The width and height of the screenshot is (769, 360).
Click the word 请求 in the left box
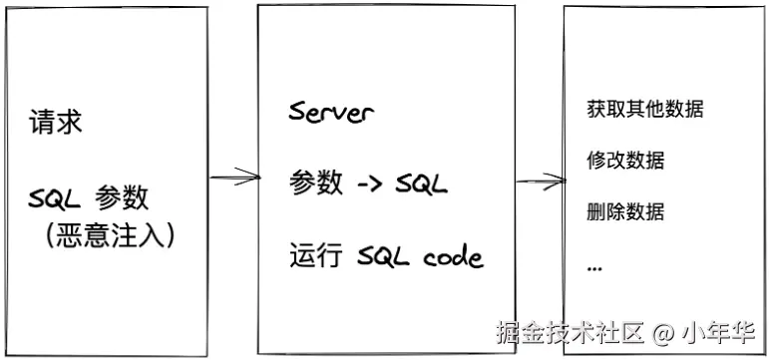tap(56, 121)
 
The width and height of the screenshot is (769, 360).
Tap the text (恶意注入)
tap(109, 237)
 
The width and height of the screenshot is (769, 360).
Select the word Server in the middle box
tap(331, 112)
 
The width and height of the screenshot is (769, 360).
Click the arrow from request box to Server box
tap(235, 177)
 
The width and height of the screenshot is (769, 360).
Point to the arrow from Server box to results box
tap(541, 180)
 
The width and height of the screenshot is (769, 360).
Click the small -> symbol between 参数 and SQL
tap(369, 184)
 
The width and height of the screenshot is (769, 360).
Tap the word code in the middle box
tap(454, 256)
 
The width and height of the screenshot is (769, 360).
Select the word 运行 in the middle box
tap(315, 255)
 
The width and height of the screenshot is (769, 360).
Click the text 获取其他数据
tap(645, 109)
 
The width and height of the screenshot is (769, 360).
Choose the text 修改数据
tap(625, 161)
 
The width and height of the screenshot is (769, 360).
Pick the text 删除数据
tap(625, 211)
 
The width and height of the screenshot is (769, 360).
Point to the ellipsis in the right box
tap(594, 269)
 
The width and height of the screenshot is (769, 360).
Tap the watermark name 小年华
tap(717, 333)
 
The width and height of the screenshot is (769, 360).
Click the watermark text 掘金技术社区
tap(570, 332)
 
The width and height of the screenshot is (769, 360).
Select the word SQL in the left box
tap(55, 199)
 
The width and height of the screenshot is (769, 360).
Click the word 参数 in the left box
tap(122, 198)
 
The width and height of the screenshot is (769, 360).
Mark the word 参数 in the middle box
tap(316, 183)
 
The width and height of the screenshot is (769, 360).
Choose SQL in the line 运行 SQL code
tap(384, 256)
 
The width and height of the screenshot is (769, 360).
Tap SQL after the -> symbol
tap(421, 184)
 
